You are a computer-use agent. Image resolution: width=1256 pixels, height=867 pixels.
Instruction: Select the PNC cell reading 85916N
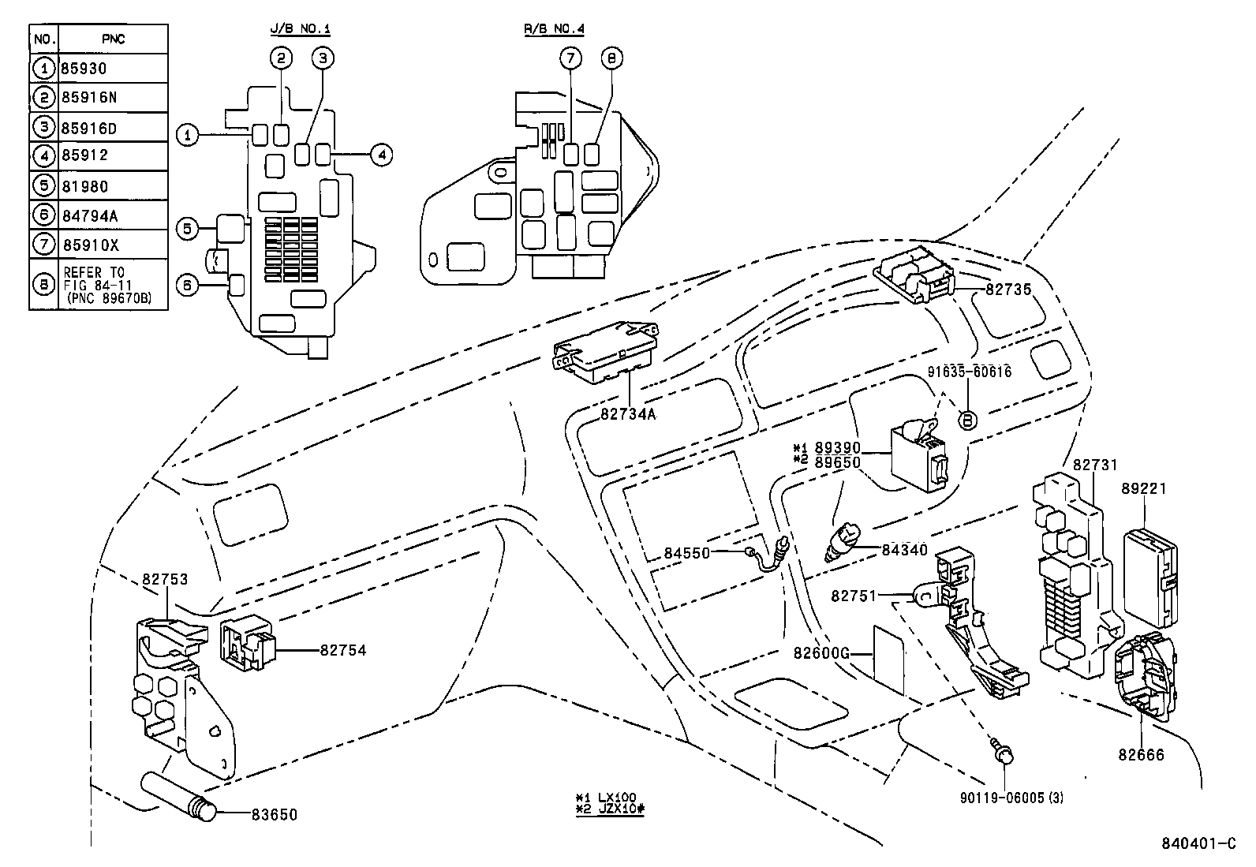point(88,98)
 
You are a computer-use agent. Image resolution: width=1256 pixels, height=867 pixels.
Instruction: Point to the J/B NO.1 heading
point(300,29)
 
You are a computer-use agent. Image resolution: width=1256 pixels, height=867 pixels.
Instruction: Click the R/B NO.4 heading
point(554,29)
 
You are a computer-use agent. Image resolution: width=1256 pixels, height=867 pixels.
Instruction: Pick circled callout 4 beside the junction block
point(380,155)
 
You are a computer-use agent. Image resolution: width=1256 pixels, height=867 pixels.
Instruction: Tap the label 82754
point(342,651)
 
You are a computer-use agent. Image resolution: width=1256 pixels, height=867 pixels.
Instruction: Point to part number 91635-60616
point(969,372)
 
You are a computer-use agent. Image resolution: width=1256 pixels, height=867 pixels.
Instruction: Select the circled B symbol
point(967,420)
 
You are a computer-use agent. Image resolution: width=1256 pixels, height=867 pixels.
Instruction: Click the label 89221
point(1144,489)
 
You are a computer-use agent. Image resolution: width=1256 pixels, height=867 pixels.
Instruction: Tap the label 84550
point(686,553)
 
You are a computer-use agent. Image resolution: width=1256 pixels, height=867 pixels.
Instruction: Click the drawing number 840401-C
point(1197,843)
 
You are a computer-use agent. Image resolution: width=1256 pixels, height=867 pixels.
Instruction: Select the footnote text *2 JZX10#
point(610,810)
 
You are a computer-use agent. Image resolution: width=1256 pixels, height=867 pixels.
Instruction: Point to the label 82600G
point(821,653)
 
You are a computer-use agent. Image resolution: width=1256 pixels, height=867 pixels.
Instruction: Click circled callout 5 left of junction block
point(187,230)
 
